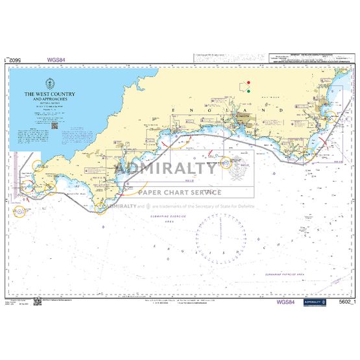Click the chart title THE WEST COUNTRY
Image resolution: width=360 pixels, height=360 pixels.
tap(50, 94)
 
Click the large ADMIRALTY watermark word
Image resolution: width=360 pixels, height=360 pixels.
tap(166, 170)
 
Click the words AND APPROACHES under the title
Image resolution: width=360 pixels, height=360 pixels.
tap(50, 100)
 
